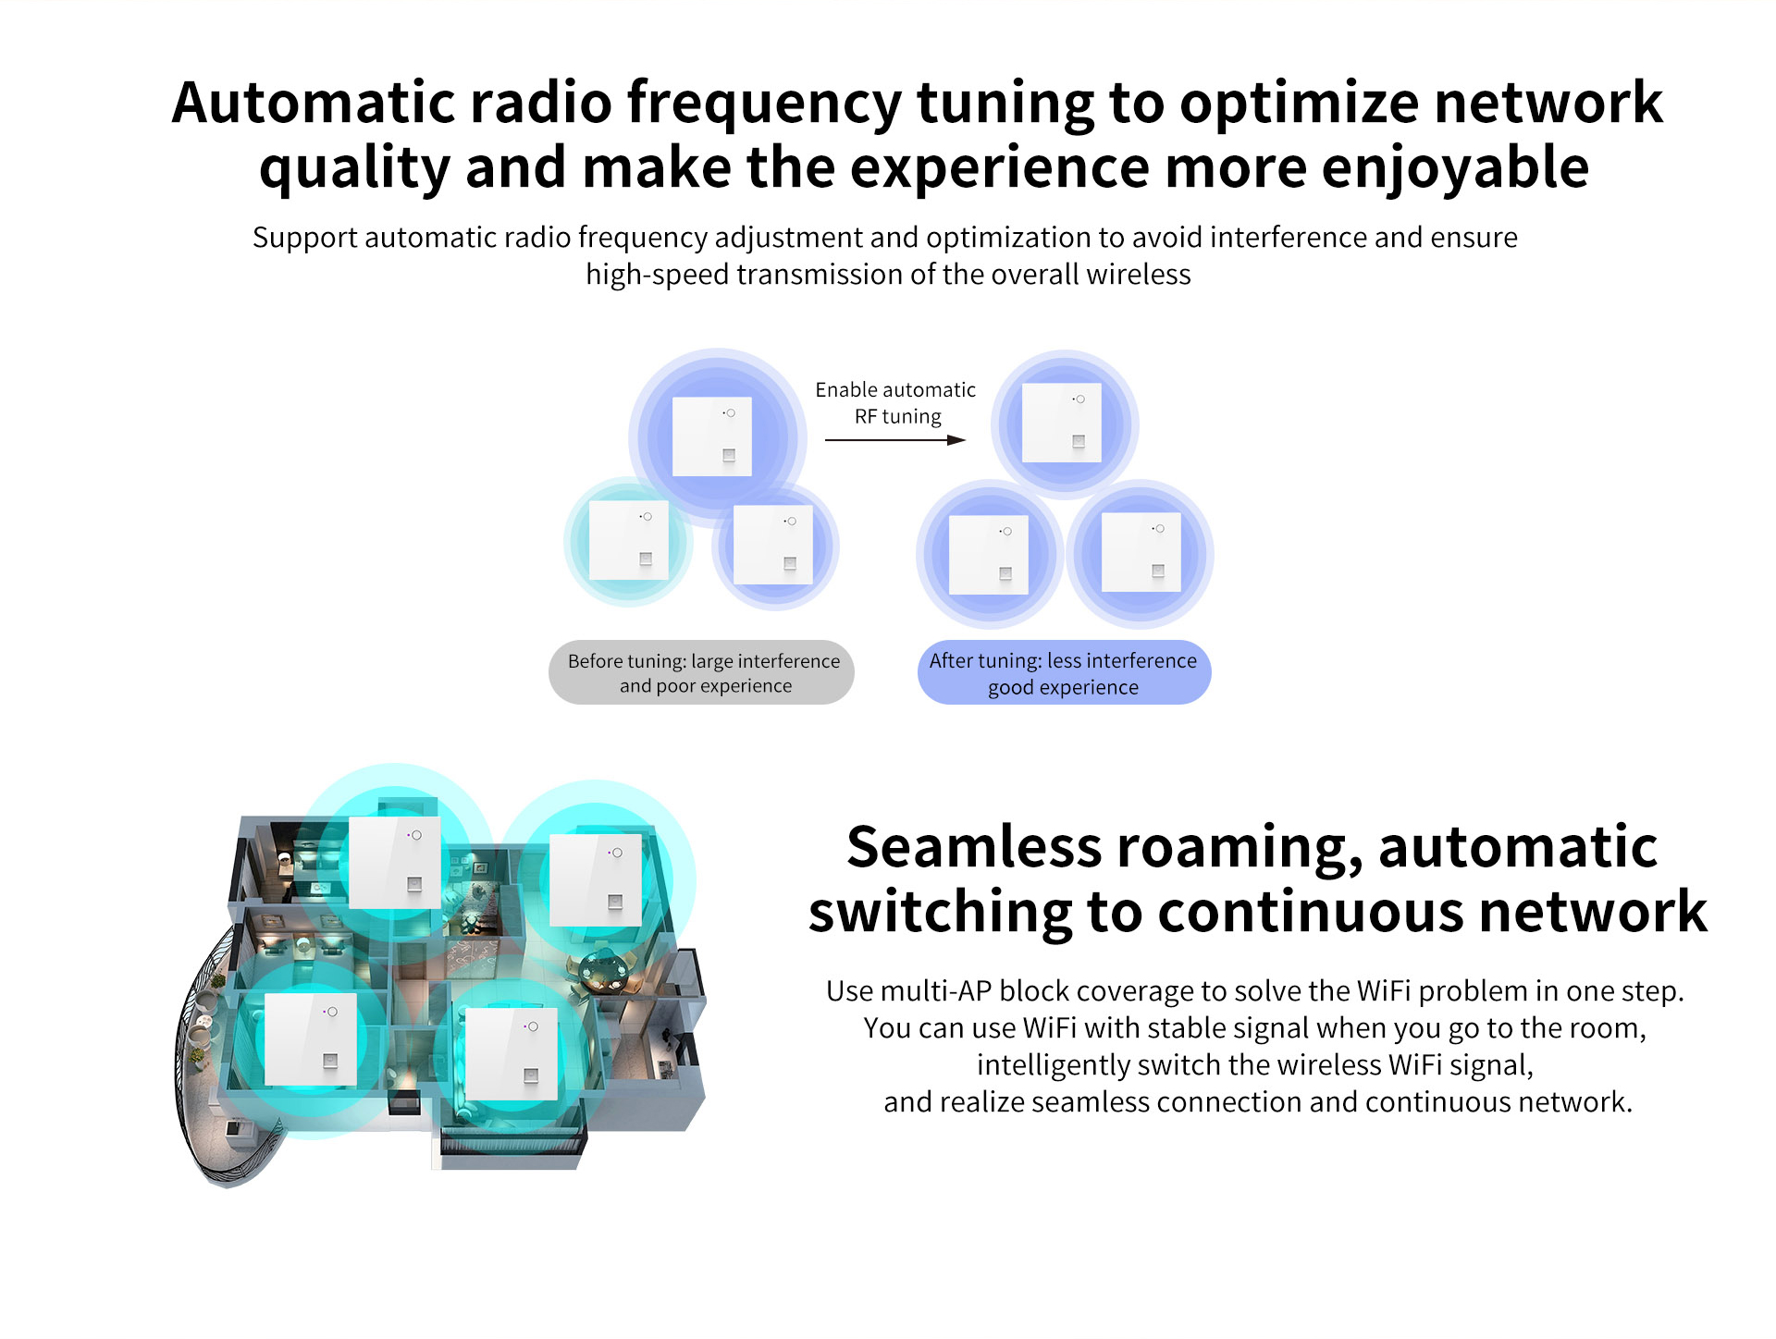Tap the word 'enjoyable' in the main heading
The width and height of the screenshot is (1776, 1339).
1455,168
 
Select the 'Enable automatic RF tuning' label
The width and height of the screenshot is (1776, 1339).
895,403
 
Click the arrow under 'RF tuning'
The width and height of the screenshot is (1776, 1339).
894,440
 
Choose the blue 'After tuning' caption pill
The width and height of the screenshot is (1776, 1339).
1064,673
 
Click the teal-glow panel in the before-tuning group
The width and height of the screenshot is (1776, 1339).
628,540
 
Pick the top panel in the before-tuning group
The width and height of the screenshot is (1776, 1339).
711,436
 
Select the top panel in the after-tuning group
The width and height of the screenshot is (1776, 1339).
1061,423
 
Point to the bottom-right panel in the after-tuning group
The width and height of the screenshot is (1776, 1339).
1141,552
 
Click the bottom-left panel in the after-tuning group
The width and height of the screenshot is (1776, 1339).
989,555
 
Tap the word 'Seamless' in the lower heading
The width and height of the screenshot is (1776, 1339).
974,847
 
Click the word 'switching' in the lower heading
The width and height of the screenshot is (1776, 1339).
940,912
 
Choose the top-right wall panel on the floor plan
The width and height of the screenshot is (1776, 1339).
595,879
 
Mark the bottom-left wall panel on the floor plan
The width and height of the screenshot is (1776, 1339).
311,1039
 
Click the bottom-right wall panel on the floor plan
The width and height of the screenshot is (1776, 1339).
511,1054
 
